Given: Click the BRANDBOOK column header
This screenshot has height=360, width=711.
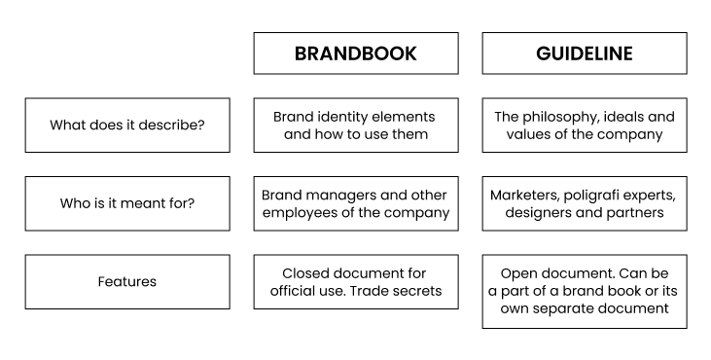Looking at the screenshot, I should pyautogui.click(x=355, y=54).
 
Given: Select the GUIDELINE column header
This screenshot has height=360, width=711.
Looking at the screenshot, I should pyautogui.click(x=584, y=54).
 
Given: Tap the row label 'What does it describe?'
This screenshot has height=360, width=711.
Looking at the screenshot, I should pyautogui.click(x=127, y=126).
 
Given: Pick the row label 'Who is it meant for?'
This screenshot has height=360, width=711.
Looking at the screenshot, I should pyautogui.click(x=127, y=203).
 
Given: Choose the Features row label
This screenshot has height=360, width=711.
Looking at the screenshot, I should pyautogui.click(x=127, y=282).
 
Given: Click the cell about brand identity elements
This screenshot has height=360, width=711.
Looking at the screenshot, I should pyautogui.click(x=355, y=126).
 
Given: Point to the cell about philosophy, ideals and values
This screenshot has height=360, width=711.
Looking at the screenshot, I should pyautogui.click(x=584, y=126).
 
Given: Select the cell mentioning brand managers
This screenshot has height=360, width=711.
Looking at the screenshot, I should pyautogui.click(x=355, y=203).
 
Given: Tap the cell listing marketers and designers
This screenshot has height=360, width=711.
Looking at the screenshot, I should pyautogui.click(x=584, y=203).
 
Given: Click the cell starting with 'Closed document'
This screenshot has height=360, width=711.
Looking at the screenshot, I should pyautogui.click(x=355, y=282).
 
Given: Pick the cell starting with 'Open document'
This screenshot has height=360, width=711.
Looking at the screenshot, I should pyautogui.click(x=584, y=291).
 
